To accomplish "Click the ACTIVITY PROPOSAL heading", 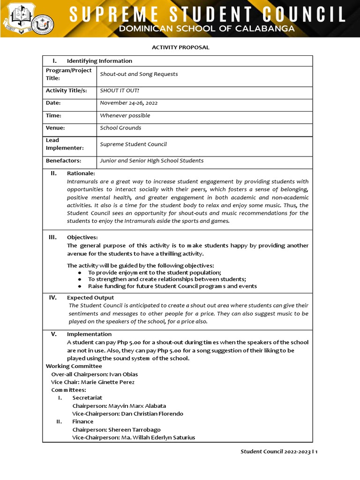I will pyautogui.click(x=180, y=47).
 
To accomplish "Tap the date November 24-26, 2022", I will pyautogui.click(x=126, y=103).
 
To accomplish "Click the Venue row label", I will pyautogui.click(x=55, y=127).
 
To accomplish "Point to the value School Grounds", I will pyautogui.click(x=120, y=127).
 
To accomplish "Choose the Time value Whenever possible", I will pyautogui.click(x=125, y=115).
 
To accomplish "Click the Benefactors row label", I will pyautogui.click(x=63, y=160).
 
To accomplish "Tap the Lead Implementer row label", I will pyautogui.click(x=65, y=144).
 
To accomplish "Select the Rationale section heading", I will pyautogui.click(x=81, y=173).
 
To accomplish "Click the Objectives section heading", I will pyautogui.click(x=82, y=237).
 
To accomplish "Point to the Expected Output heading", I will pyautogui.click(x=90, y=298).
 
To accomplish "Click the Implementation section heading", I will pyautogui.click(x=89, y=334).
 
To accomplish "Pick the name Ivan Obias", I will pyautogui.click(x=123, y=374).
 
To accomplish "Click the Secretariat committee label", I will pyautogui.click(x=87, y=397).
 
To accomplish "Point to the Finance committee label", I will pyautogui.click(x=82, y=421).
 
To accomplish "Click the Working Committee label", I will pyautogui.click(x=74, y=366).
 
